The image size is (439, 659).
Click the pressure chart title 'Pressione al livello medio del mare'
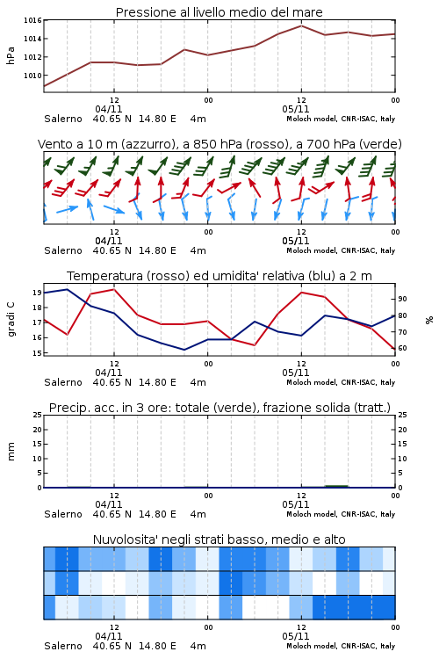[219, 12]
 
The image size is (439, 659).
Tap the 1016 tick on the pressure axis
[32, 20]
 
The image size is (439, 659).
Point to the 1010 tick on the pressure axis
[32, 76]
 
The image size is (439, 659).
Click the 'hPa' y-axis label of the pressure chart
[11, 55]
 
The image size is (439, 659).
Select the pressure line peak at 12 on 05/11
[301, 25]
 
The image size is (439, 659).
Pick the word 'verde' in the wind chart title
[380, 144]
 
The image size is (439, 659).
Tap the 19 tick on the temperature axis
[37, 293]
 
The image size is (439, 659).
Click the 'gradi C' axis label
[11, 319]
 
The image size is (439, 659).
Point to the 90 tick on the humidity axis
[402, 299]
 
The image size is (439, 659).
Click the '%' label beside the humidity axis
[429, 320]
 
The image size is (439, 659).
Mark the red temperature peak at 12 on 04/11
[114, 289]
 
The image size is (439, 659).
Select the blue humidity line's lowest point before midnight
[184, 350]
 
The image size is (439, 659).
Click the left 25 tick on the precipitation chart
[37, 415]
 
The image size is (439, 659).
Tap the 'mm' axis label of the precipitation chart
[11, 452]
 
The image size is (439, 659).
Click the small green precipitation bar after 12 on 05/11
[336, 486]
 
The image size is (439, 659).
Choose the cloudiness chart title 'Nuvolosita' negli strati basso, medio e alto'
[219, 540]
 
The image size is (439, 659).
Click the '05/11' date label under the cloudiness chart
[296, 636]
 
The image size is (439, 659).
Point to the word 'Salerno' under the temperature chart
[63, 382]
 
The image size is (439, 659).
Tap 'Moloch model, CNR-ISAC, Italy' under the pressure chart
[341, 119]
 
